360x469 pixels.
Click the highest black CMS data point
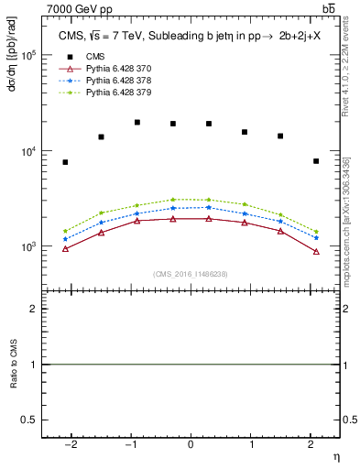coord(137,122)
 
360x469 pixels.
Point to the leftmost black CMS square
coord(65,162)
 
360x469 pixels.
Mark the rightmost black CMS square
coord(316,161)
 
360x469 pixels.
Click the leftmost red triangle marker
coord(65,248)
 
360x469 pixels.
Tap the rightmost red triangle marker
coord(316,251)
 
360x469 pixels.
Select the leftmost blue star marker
coord(65,239)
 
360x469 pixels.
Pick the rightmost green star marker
coord(316,232)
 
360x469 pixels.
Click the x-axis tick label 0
coord(191,444)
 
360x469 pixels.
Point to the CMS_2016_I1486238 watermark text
coord(191,274)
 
